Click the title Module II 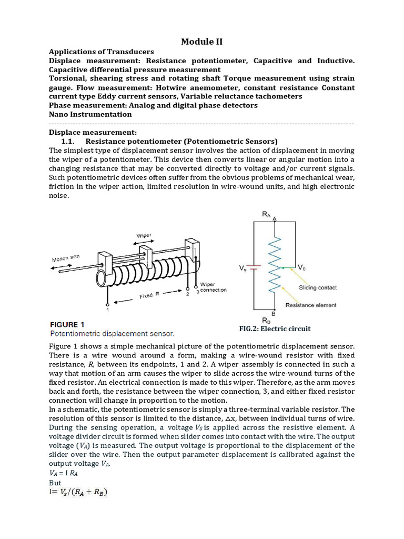click(201, 42)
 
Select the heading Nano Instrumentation click(90, 114)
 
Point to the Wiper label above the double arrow click(144, 236)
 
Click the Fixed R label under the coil click(150, 296)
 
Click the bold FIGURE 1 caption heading click(70, 324)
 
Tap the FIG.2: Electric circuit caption click(275, 328)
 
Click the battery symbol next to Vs click(254, 268)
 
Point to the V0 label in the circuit click(301, 267)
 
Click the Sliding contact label click(318, 287)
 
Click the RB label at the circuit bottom click(267, 320)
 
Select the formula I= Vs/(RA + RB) click(79, 493)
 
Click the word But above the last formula click(55, 483)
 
